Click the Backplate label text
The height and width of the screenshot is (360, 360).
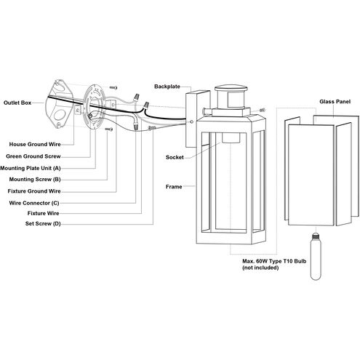[167, 86]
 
